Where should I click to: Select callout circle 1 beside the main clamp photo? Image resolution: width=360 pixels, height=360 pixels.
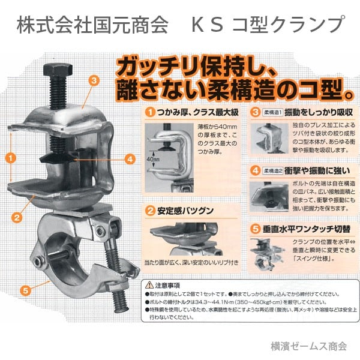(x=10, y=158)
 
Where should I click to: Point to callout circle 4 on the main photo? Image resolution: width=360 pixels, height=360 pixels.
(x=130, y=160)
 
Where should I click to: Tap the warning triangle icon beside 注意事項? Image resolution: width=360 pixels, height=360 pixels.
(x=148, y=286)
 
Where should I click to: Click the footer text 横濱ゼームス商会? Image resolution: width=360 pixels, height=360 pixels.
(x=308, y=346)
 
